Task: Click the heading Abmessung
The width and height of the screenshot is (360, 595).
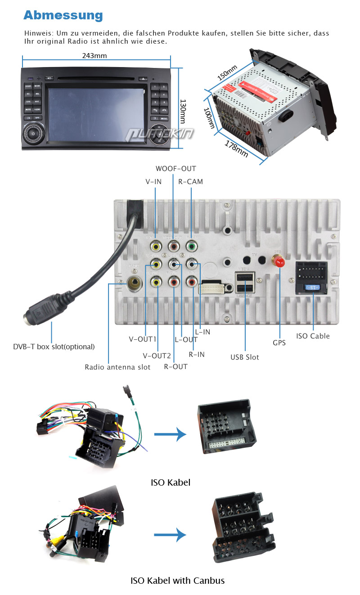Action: click(x=63, y=15)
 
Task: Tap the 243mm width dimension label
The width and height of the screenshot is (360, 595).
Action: click(x=94, y=56)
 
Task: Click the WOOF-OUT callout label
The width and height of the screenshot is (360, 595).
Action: click(x=176, y=169)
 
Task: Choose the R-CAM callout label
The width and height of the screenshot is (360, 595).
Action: click(x=190, y=182)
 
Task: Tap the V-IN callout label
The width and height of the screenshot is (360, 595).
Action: click(x=154, y=182)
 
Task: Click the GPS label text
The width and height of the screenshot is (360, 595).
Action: click(x=279, y=343)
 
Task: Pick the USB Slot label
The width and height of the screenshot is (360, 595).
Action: click(x=245, y=357)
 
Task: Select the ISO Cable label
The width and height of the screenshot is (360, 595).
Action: click(x=313, y=336)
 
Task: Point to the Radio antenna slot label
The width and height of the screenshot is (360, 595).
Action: click(x=117, y=367)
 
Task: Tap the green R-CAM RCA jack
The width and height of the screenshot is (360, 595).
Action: click(x=192, y=246)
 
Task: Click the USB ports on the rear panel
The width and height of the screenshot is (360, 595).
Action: click(x=245, y=283)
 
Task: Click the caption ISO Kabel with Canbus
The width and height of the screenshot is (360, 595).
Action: click(x=177, y=581)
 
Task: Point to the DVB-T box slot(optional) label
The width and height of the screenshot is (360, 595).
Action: click(x=54, y=347)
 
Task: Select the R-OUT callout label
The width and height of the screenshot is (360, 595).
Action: click(x=175, y=367)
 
